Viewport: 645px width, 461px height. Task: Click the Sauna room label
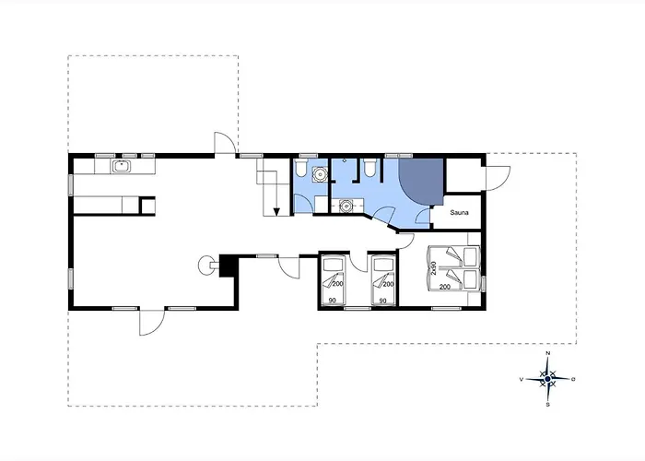tap(459, 212)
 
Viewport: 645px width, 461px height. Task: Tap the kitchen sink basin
tap(122, 166)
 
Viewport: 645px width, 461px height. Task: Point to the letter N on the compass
tap(547, 353)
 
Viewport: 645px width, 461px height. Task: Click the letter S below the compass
tap(547, 405)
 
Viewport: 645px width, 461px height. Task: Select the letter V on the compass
tap(522, 380)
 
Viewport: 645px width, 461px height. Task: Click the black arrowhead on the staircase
tap(276, 211)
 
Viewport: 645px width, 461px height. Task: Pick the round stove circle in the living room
tap(205, 265)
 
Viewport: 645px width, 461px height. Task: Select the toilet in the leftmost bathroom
tap(300, 169)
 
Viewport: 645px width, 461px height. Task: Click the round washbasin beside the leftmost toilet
tap(319, 173)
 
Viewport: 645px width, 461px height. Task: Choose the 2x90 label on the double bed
tap(434, 268)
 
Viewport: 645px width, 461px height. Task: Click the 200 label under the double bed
tap(445, 287)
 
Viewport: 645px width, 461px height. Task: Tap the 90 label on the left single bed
tap(333, 301)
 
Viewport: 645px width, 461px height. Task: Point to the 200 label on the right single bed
tap(388, 284)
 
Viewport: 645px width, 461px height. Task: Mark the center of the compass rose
tap(547, 379)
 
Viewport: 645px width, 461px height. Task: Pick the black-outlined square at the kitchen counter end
tap(147, 206)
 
